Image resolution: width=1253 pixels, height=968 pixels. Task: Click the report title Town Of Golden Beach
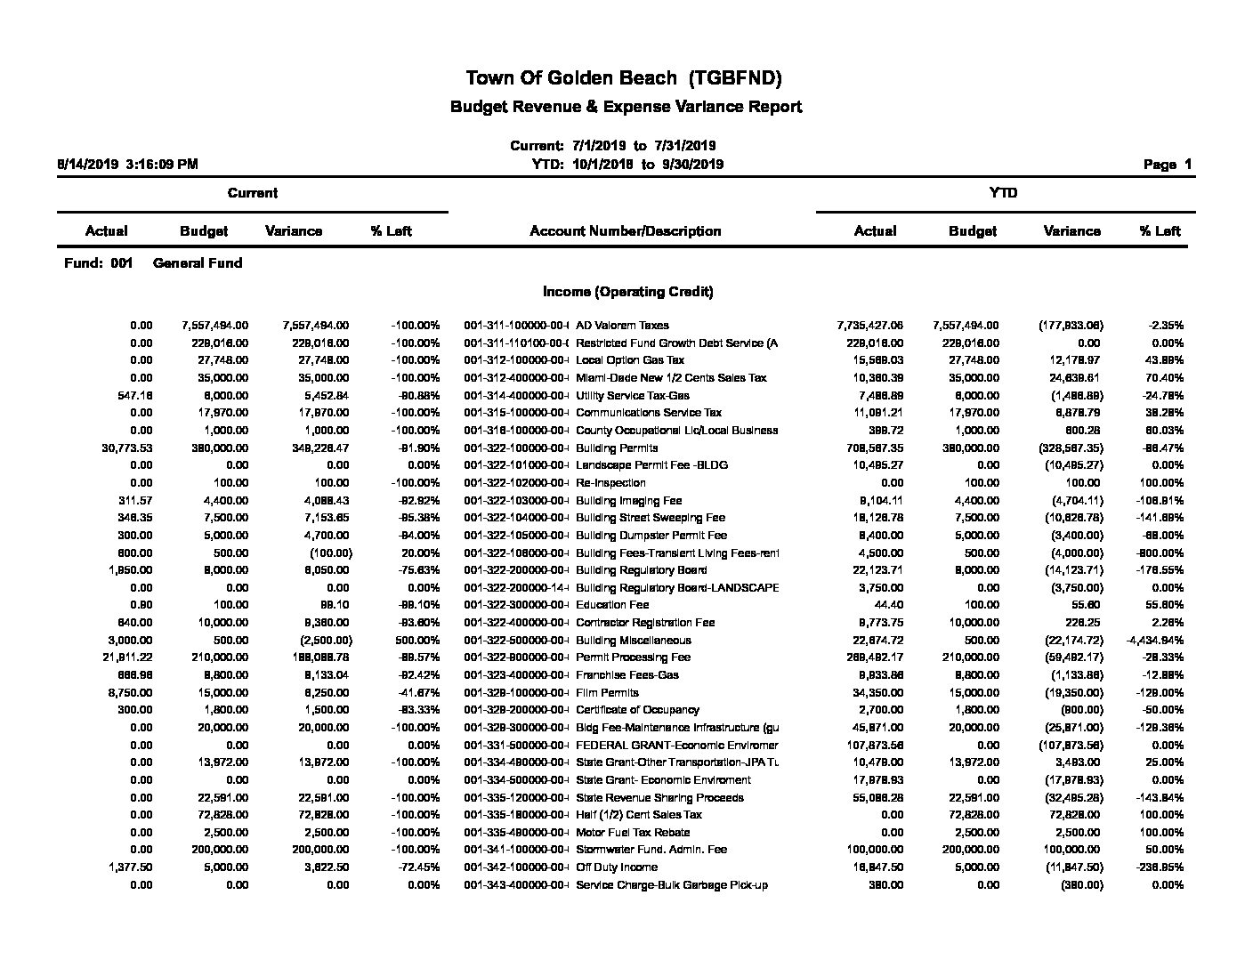[x=624, y=78]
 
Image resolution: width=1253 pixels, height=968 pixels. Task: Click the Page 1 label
[x=1168, y=165]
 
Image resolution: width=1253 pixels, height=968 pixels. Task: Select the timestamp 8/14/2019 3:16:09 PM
[x=127, y=165]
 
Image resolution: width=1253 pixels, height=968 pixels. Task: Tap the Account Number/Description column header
[x=625, y=231]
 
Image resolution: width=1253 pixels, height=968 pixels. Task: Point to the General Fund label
[x=198, y=263]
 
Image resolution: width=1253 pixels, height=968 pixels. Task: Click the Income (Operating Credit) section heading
[x=627, y=292]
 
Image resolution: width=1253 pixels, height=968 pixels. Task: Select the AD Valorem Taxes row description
[x=622, y=326]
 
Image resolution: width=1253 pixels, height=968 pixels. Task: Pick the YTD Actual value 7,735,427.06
[x=869, y=326]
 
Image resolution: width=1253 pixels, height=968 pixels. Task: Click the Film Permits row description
[x=607, y=692]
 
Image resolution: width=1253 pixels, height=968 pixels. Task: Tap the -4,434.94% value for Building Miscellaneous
[x=1154, y=641]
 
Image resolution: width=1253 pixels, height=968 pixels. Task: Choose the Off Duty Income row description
[x=617, y=867]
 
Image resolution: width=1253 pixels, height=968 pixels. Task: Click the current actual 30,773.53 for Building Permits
[x=127, y=448]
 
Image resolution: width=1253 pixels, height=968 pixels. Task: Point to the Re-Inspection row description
[x=610, y=483]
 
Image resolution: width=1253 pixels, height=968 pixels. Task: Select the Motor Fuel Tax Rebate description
[x=633, y=833]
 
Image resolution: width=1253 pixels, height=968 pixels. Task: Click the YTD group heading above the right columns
[x=1003, y=193]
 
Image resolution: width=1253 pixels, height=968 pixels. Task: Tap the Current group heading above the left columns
[x=252, y=193]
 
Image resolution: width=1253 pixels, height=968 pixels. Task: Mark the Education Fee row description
[x=612, y=605]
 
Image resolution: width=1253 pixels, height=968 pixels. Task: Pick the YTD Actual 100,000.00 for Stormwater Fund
[x=873, y=850]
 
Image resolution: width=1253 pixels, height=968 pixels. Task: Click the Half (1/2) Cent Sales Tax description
[x=639, y=815]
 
